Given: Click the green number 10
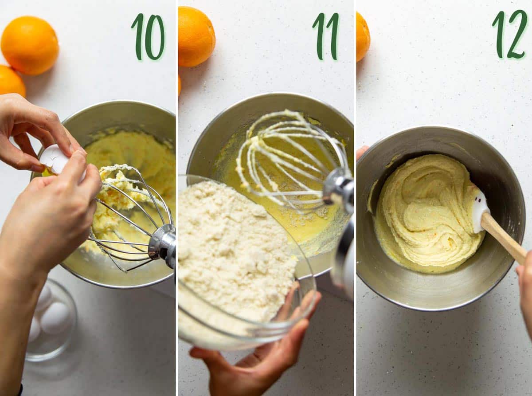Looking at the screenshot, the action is click(149, 36).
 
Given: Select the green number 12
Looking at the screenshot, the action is click(510, 34).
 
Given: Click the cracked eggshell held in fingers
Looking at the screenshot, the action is click(55, 159).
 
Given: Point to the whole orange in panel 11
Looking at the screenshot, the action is click(196, 36).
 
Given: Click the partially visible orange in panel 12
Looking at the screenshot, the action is click(363, 37).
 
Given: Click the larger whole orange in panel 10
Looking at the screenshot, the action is click(30, 46).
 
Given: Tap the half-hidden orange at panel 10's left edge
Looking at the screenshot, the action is click(12, 80).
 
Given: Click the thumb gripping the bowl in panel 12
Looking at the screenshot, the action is click(362, 153).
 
